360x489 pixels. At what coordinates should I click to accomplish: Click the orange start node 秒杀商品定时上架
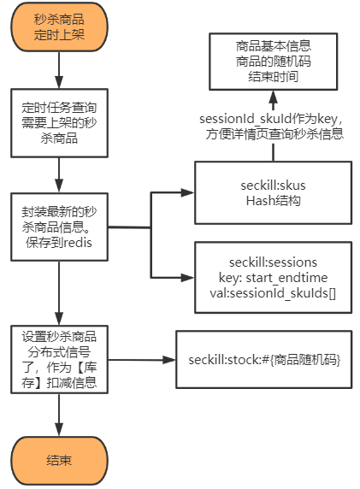coord(59,28)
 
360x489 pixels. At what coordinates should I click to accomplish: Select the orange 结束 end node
coord(59,460)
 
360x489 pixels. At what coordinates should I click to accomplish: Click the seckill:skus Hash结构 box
coord(272,193)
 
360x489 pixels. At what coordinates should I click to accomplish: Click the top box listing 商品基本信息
coord(273,62)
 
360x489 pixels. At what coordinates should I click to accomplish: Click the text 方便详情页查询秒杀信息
coord(273,134)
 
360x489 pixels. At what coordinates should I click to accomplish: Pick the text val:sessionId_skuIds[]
coord(272,292)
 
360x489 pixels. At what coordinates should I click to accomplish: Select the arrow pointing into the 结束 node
coord(59,419)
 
